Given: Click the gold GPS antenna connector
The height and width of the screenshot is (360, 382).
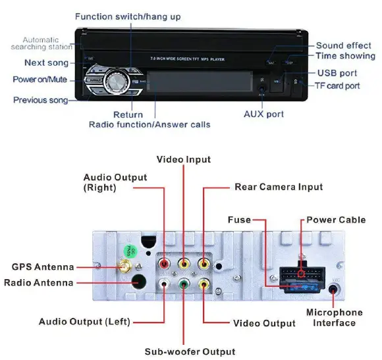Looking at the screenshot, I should coord(123,267).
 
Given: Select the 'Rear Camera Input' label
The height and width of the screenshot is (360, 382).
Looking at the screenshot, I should coord(279,187).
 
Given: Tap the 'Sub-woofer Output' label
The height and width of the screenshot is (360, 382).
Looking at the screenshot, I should coord(190,351).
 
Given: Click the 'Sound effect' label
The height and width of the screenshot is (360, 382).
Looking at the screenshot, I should coord(343,45).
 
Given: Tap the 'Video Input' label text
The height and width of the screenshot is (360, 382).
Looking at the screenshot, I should coord(184,160).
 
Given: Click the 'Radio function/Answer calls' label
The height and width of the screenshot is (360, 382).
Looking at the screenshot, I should coord(150,124).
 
